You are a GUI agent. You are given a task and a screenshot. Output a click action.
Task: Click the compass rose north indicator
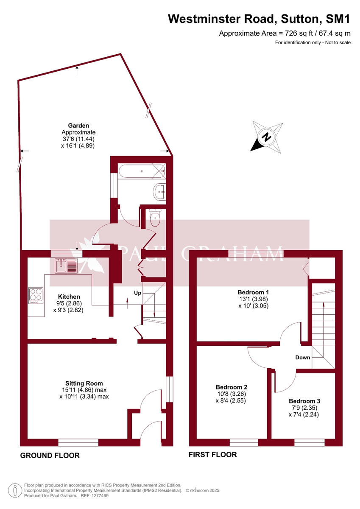267,137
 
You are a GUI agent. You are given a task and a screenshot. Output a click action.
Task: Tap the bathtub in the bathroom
142,172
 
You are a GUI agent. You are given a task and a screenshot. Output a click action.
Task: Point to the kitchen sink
66,266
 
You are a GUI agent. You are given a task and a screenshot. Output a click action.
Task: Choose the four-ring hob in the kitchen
36,295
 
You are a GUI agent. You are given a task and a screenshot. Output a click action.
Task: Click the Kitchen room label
69,296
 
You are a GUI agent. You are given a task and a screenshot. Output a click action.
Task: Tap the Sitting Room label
84,383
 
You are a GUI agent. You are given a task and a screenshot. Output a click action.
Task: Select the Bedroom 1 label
253,292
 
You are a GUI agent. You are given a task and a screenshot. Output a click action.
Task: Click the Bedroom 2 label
231,387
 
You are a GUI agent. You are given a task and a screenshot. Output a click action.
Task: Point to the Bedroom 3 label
304,401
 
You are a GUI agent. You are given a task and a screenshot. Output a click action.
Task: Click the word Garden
78,126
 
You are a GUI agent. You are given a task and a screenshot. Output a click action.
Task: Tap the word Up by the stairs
137,293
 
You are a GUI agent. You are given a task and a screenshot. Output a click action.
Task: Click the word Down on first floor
303,358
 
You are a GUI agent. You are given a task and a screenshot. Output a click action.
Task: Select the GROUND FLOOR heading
50,456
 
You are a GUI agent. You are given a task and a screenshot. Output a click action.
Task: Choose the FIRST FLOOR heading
213,455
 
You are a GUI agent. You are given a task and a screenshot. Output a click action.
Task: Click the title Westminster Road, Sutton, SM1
259,19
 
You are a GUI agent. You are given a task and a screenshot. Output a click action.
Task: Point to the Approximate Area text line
285,33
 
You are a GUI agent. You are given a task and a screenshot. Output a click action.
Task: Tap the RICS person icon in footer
15,490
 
